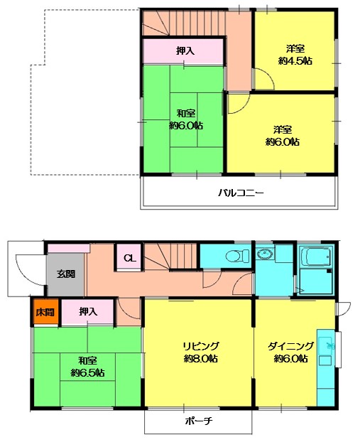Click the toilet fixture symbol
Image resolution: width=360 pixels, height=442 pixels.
237,256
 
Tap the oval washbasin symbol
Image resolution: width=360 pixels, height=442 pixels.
265,254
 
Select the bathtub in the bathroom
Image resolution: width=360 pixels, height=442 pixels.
315,257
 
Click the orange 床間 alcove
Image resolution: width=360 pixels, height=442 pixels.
45,312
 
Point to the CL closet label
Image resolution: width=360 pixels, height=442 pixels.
129,258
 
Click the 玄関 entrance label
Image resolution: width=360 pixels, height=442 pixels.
66,274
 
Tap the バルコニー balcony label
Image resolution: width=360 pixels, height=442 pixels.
241,193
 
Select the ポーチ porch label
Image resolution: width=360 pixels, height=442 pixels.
199,421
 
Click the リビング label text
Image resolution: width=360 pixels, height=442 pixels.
200,346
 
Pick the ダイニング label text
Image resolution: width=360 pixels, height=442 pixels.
290,346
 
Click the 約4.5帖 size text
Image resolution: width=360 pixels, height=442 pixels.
295,61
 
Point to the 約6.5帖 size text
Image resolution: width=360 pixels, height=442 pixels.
87,373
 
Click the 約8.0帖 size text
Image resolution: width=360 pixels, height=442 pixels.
200,359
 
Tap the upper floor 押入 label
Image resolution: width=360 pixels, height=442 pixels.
185,50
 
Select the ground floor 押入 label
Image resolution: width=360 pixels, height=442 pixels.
88,311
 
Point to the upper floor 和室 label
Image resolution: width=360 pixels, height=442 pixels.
186,114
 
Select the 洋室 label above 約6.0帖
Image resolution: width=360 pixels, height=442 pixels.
283,130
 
